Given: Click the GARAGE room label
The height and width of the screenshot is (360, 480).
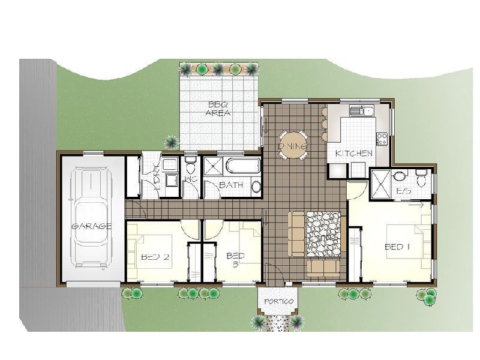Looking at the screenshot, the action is [x=91, y=227].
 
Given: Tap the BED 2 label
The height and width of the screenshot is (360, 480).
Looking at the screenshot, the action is [x=155, y=257].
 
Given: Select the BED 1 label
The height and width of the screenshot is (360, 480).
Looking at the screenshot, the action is [x=397, y=247].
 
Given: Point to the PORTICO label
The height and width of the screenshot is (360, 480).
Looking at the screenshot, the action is [x=278, y=301].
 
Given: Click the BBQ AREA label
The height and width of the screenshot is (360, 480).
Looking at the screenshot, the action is [x=218, y=109].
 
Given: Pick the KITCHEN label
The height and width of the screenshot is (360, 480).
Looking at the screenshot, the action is [x=354, y=153].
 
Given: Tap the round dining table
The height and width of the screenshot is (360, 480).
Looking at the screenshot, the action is [x=292, y=145].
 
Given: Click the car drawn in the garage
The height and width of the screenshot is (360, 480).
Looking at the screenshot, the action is [x=91, y=218].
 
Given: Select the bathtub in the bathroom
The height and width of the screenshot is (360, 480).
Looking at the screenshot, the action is [x=243, y=166].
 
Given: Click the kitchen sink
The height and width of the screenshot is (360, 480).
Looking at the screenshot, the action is [x=361, y=110].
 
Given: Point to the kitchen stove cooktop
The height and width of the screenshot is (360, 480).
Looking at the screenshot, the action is [x=382, y=139].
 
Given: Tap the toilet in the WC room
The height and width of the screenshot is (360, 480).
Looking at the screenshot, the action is [x=191, y=166].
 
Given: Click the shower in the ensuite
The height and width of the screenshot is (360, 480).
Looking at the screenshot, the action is [x=380, y=184].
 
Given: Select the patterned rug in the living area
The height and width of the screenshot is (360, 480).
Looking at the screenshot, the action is [x=323, y=234].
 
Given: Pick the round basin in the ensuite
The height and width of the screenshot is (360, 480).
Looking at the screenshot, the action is [x=399, y=176].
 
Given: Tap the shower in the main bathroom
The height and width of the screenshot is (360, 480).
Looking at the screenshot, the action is [x=214, y=167].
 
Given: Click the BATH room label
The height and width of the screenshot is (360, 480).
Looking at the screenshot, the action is [x=231, y=185].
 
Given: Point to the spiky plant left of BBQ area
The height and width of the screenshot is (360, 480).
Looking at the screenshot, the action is [x=172, y=142].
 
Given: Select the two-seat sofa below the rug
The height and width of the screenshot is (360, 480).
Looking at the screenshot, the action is [x=323, y=266].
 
